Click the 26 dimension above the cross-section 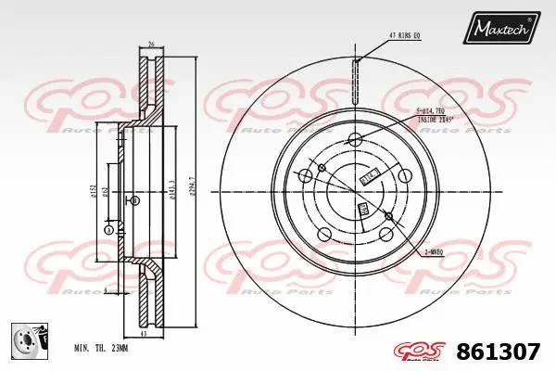click(x=150, y=44)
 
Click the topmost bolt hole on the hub click(x=354, y=139)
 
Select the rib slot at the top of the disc click(x=354, y=70)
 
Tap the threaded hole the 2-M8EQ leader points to click(x=388, y=218)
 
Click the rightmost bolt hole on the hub click(x=405, y=175)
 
